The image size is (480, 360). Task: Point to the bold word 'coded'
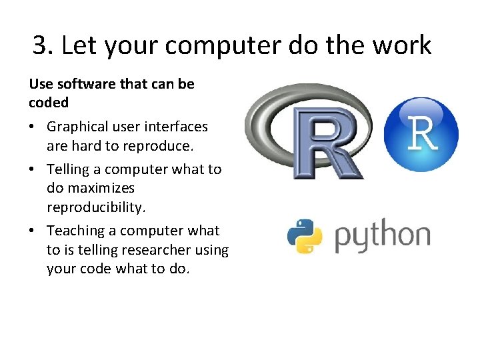(x=49, y=103)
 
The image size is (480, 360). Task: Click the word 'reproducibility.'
(x=95, y=207)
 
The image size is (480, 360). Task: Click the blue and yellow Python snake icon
(x=305, y=237)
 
